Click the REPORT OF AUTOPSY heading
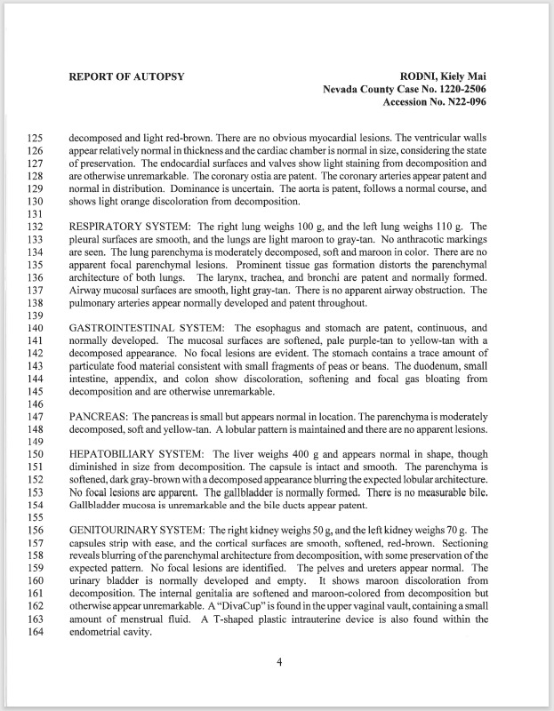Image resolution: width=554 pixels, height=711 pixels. point(126,76)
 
